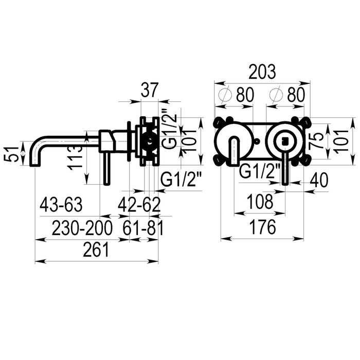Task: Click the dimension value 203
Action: tap(262, 71)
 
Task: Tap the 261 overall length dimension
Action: tap(96, 250)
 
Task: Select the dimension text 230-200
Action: tap(82, 228)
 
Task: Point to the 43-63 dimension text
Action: tap(61, 205)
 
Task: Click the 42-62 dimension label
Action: tap(139, 205)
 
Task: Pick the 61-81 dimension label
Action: tap(143, 228)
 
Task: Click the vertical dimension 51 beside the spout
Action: tap(12, 154)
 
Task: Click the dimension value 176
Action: tap(263, 227)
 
